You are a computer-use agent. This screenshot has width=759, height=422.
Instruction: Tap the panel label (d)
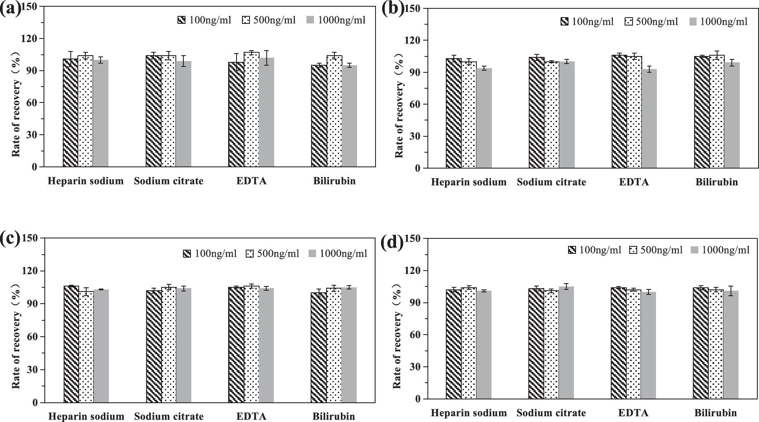pyautogui.click(x=393, y=243)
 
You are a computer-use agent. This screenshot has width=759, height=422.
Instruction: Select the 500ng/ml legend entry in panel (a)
pyautogui.click(x=269, y=20)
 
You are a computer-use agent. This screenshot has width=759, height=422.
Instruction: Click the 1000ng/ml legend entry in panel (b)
pyautogui.click(x=718, y=22)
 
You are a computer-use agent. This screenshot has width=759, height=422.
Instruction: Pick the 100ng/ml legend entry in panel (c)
pyautogui.click(x=210, y=253)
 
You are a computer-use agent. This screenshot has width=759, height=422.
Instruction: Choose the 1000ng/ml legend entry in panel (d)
pyautogui.click(x=720, y=250)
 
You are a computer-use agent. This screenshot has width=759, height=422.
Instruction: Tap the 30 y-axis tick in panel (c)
pyautogui.click(x=33, y=370)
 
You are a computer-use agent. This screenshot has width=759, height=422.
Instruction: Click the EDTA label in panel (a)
pyautogui.click(x=251, y=181)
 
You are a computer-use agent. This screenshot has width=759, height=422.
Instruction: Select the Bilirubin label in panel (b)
pyautogui.click(x=717, y=182)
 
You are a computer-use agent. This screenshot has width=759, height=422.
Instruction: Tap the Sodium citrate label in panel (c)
pyautogui.click(x=169, y=417)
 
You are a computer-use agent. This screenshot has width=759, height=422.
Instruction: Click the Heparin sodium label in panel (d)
pyautogui.click(x=468, y=413)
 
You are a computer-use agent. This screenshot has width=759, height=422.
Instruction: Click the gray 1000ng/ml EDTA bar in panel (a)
pyautogui.click(x=266, y=113)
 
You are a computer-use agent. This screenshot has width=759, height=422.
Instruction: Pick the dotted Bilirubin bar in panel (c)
pyautogui.click(x=334, y=345)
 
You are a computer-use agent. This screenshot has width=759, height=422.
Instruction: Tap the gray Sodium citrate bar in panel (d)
pyautogui.click(x=566, y=343)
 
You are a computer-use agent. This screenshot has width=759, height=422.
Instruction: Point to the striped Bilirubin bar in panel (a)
pyautogui.click(x=319, y=116)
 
